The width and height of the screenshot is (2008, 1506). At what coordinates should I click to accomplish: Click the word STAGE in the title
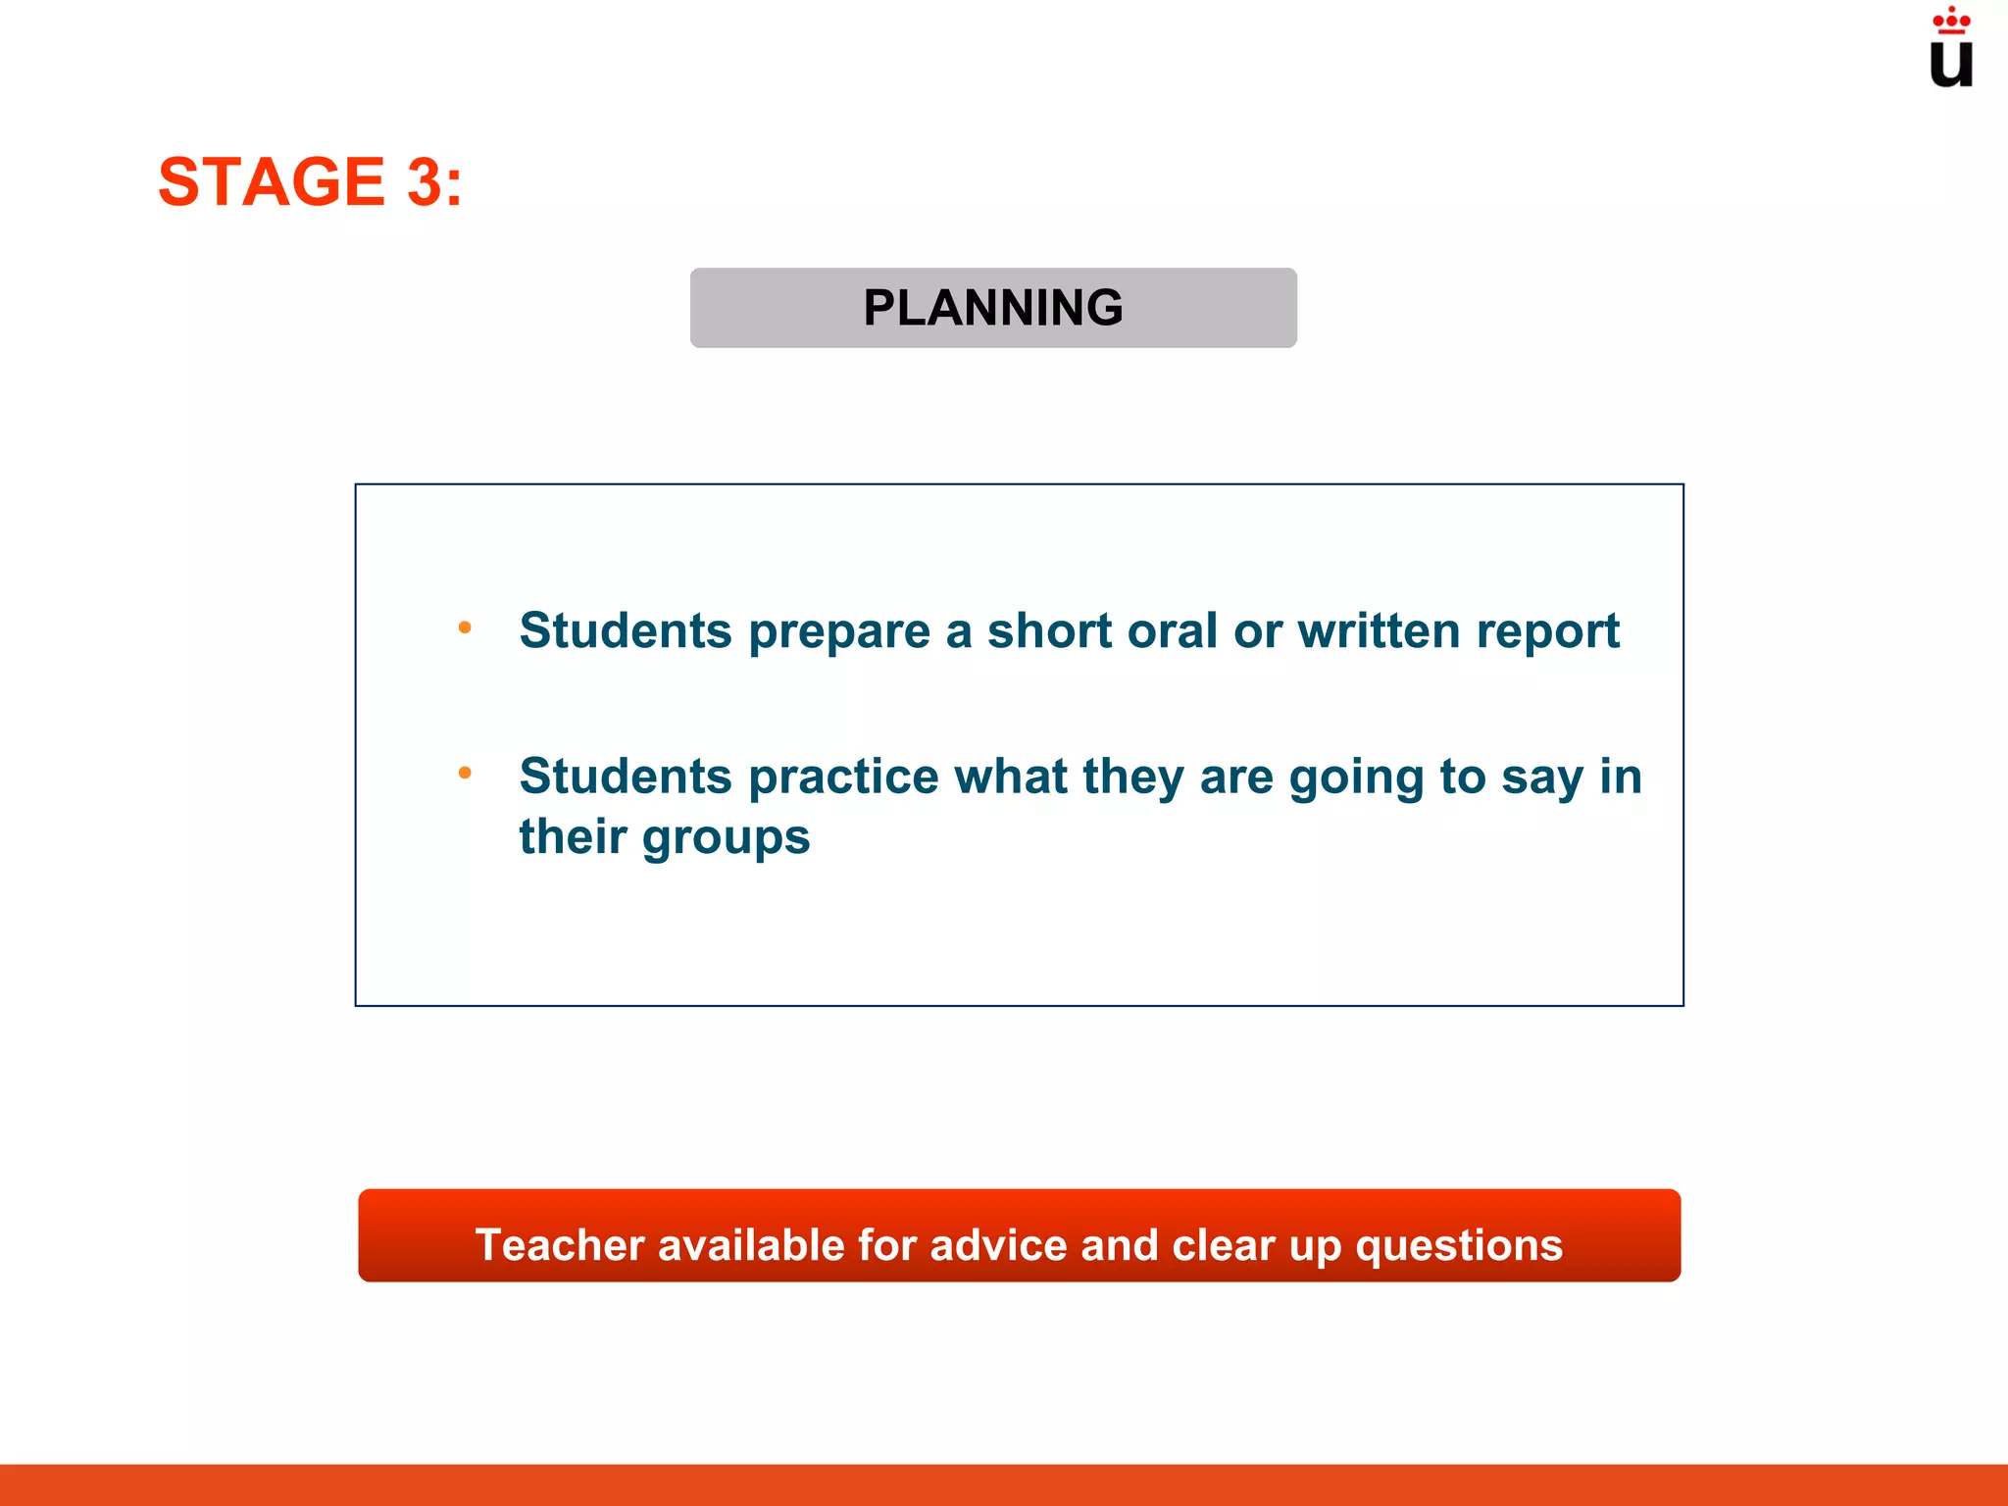pos(271,182)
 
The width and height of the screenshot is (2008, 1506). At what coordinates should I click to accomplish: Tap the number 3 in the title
pos(425,182)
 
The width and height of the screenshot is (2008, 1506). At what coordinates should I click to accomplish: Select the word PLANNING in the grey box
pos(993,308)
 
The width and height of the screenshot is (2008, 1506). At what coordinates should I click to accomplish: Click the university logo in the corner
pos(1950,49)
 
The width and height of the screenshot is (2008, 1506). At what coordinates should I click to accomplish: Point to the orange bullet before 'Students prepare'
pos(465,627)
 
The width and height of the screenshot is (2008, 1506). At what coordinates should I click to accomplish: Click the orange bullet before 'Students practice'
pos(465,774)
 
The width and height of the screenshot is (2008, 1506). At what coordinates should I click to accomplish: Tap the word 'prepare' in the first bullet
pos(839,631)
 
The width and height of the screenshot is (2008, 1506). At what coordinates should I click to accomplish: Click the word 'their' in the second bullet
pos(573,836)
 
